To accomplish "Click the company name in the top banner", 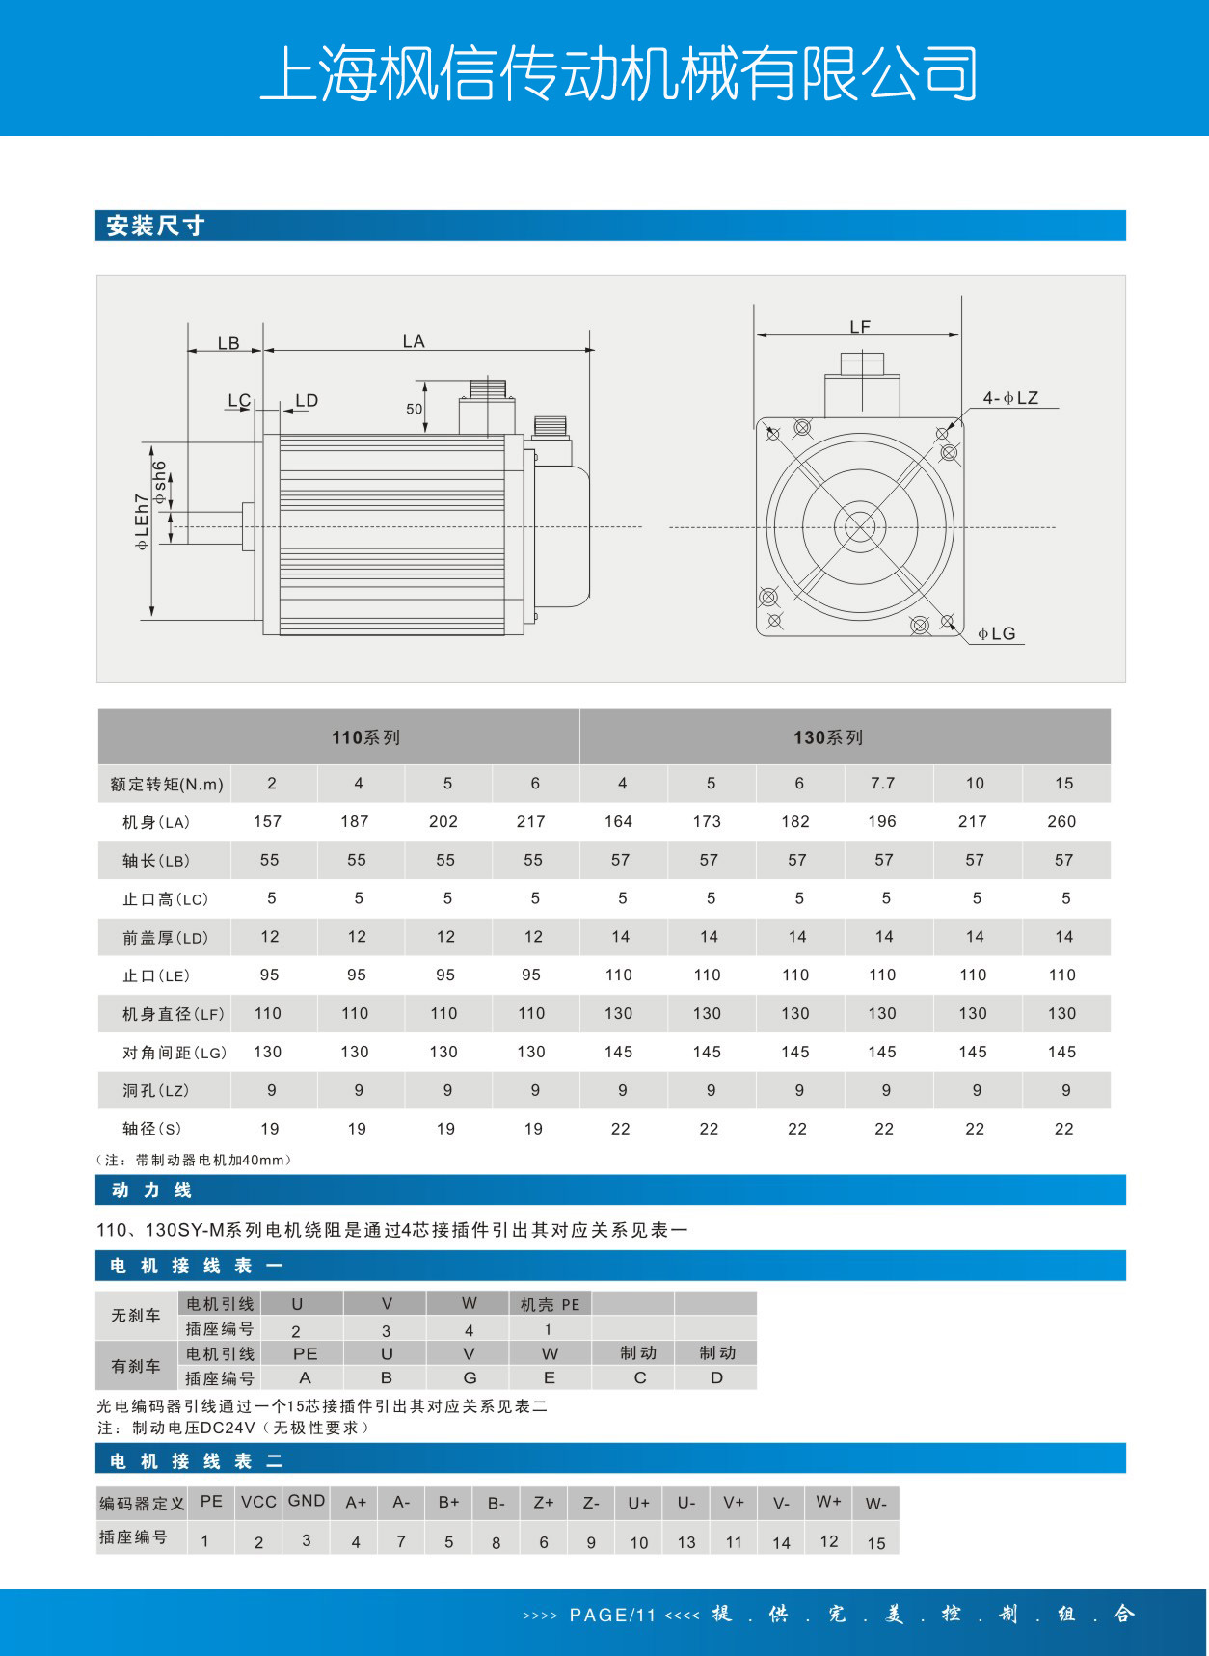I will (619, 73).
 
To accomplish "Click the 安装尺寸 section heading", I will (155, 226).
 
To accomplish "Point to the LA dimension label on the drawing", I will (414, 341).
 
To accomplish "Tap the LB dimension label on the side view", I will (228, 343).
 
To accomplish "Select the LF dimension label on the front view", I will (860, 327).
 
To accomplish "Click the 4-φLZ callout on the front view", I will (1010, 398).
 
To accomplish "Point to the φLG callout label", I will (997, 633).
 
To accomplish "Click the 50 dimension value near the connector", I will (415, 409).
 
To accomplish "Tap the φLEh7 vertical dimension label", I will (142, 521).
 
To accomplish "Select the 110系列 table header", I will (365, 737).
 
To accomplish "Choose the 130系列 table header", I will (828, 737).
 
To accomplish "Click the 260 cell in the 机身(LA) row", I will (1061, 821).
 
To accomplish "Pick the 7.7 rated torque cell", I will (882, 783).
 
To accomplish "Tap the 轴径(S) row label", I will (152, 1129).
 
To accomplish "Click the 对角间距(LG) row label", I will (174, 1052).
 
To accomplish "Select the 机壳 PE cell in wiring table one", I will (550, 1304).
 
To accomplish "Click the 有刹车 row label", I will (136, 1366).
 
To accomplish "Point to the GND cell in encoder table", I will (307, 1501).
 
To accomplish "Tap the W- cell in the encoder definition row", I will (875, 1503).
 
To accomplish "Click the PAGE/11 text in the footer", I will (612, 1615).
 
